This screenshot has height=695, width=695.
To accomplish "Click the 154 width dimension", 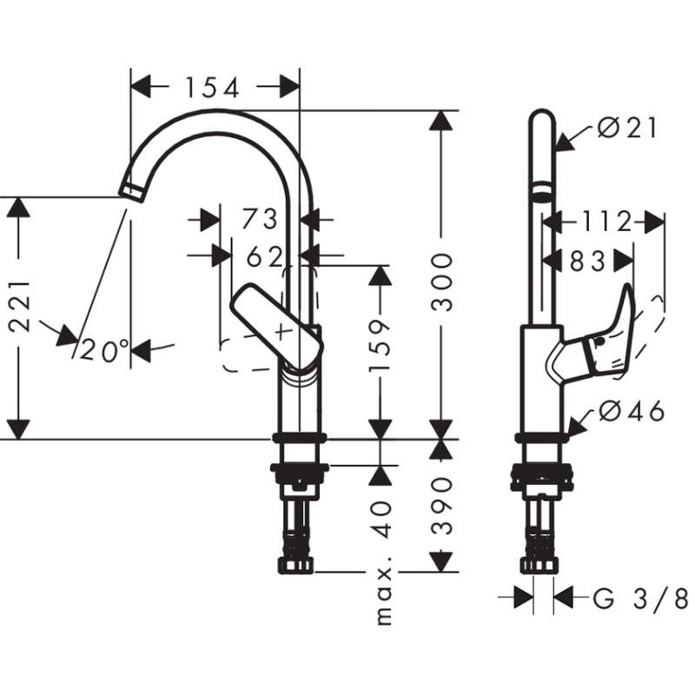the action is tap(212, 88).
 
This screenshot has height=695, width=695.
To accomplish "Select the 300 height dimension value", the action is tap(442, 281).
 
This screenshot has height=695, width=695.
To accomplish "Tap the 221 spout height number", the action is tap(20, 307).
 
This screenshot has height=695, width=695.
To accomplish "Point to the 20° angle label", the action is tap(104, 351).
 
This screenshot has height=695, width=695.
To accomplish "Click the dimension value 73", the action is tap(260, 219).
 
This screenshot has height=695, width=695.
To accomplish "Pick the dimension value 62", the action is tap(264, 256).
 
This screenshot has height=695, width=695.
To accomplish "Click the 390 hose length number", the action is tap(442, 506).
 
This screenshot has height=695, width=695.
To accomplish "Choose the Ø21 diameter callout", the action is tap(626, 129).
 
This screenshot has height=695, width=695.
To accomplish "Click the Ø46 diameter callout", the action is tap(632, 412).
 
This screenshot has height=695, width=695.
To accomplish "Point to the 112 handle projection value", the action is tap(606, 222).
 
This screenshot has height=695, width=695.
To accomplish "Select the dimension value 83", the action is tap(587, 261).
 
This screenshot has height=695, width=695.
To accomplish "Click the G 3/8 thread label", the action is tap(641, 599).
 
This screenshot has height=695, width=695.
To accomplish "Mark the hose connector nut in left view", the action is tap(295, 566).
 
